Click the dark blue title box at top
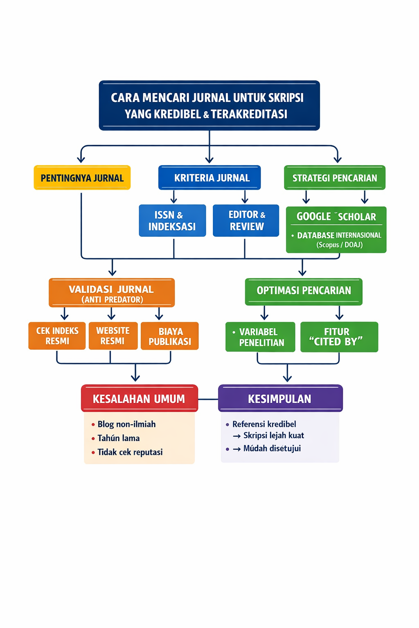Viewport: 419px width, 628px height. [x=209, y=105]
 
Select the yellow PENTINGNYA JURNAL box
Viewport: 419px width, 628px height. [x=82, y=178]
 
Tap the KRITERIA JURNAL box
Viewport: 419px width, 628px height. [x=209, y=178]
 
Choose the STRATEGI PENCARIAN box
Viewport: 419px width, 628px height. [x=335, y=178]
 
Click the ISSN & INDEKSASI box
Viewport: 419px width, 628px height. [x=172, y=221]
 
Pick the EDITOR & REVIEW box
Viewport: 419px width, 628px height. [x=246, y=221]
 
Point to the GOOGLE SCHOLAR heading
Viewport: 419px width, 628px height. [x=336, y=217]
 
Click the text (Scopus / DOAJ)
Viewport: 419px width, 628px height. [x=339, y=245]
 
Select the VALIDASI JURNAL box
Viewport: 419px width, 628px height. [x=112, y=293]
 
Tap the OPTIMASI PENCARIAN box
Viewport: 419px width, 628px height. [x=304, y=291]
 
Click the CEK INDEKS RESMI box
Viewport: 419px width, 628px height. [x=57, y=336]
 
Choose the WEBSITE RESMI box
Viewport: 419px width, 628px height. [x=113, y=336]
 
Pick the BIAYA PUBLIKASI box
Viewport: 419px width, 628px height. [x=170, y=336]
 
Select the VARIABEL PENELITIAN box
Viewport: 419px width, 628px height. [x=260, y=337]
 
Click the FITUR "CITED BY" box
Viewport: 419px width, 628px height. [x=339, y=337]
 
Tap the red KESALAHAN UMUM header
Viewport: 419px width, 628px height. [x=139, y=399]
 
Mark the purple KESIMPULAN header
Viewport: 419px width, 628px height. [x=280, y=399]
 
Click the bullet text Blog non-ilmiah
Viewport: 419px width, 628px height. [x=126, y=424]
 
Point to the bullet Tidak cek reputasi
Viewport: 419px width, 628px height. [x=130, y=452]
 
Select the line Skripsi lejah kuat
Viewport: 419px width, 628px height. [x=273, y=436]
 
